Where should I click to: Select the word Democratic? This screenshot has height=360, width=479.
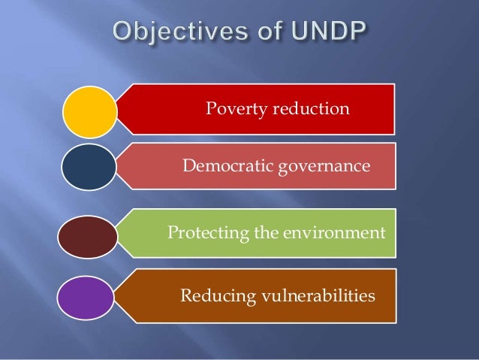point(222,165)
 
